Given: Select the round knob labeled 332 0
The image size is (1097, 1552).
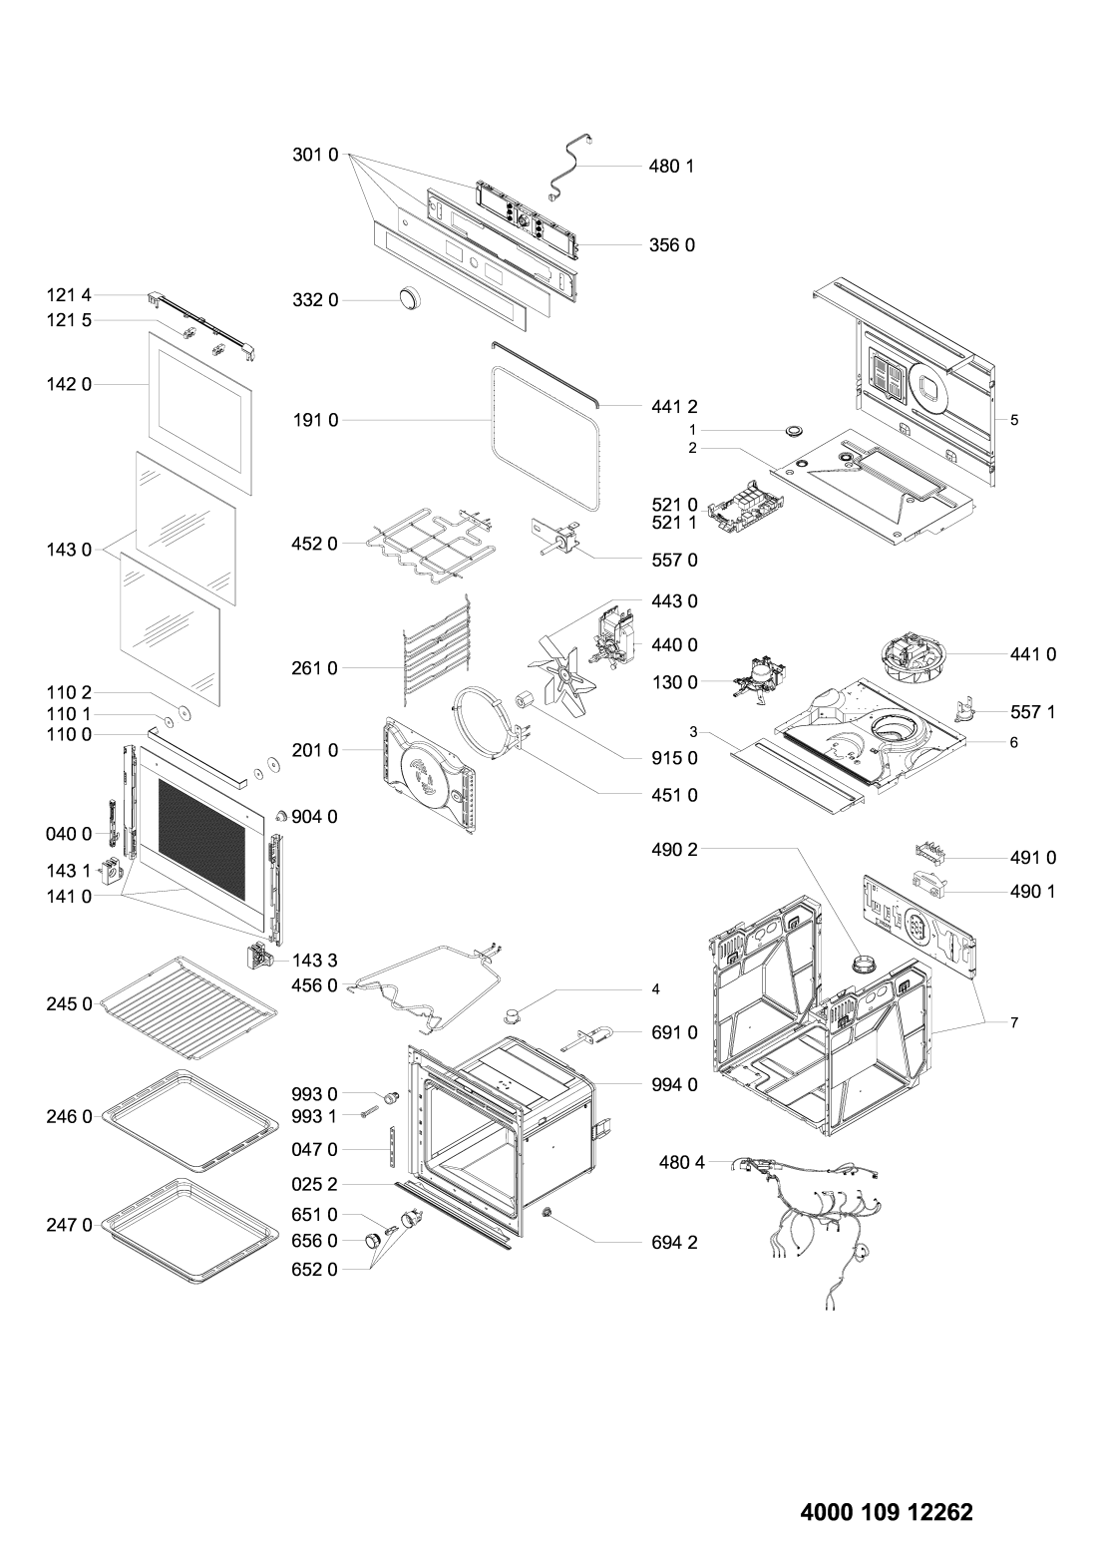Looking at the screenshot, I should click(409, 299).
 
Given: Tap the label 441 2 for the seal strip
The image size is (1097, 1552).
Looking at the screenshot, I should click(674, 406).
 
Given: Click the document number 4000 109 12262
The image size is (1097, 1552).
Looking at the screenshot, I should click(887, 1511).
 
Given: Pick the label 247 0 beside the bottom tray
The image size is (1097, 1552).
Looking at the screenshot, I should click(69, 1224).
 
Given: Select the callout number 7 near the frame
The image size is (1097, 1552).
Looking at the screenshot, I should click(1013, 1023).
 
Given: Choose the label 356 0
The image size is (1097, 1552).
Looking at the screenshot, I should click(674, 244).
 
